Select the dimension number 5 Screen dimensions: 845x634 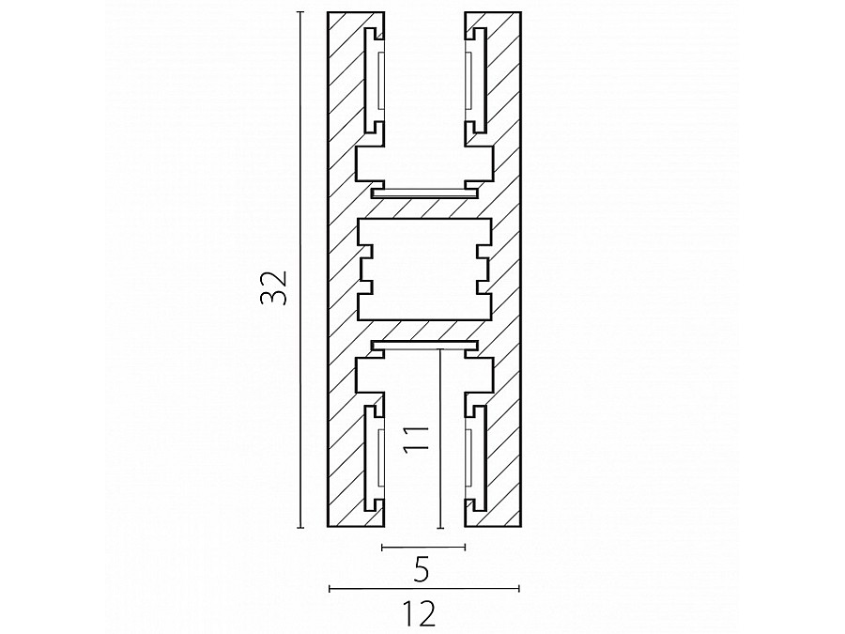click(x=422, y=570)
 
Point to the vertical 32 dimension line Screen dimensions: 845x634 click(x=300, y=269)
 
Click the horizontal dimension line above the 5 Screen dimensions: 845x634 click(x=423, y=548)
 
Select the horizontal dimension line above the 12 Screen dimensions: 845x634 click(x=424, y=588)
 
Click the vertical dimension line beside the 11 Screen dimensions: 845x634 click(x=441, y=439)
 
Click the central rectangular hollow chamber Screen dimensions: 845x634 click(x=424, y=269)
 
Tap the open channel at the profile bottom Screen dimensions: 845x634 click(x=424, y=440)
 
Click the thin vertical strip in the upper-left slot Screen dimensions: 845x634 click(x=381, y=80)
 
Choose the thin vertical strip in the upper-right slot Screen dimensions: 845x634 click(x=469, y=80)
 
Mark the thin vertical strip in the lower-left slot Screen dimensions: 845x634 click(x=381, y=457)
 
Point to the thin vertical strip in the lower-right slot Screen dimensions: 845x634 click(x=469, y=457)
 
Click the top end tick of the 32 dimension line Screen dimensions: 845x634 click(x=300, y=11)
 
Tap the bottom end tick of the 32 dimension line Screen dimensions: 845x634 click(x=300, y=527)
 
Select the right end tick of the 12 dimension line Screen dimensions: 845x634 click(x=519, y=588)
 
